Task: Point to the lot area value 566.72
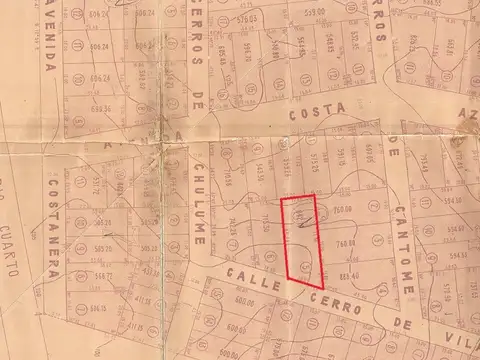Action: [x=102, y=275]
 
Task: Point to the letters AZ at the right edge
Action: [x=468, y=116]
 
